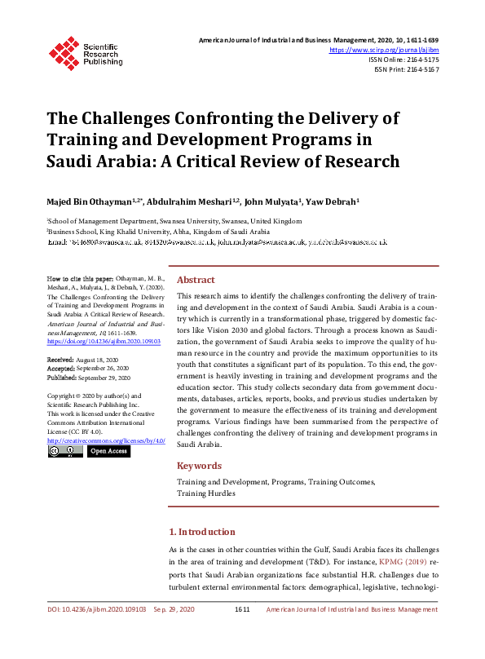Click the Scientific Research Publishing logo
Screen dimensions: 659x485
(x=85, y=52)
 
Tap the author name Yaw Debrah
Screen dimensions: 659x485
(x=337, y=201)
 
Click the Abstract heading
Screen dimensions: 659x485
(x=196, y=279)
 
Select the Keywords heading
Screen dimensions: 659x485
(x=199, y=466)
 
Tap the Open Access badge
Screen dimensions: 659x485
(x=108, y=451)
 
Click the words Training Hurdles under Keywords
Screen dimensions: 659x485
(x=205, y=493)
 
